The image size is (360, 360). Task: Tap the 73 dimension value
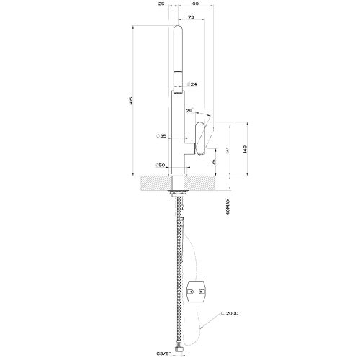click(191, 16)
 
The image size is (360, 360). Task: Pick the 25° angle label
click(189, 110)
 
